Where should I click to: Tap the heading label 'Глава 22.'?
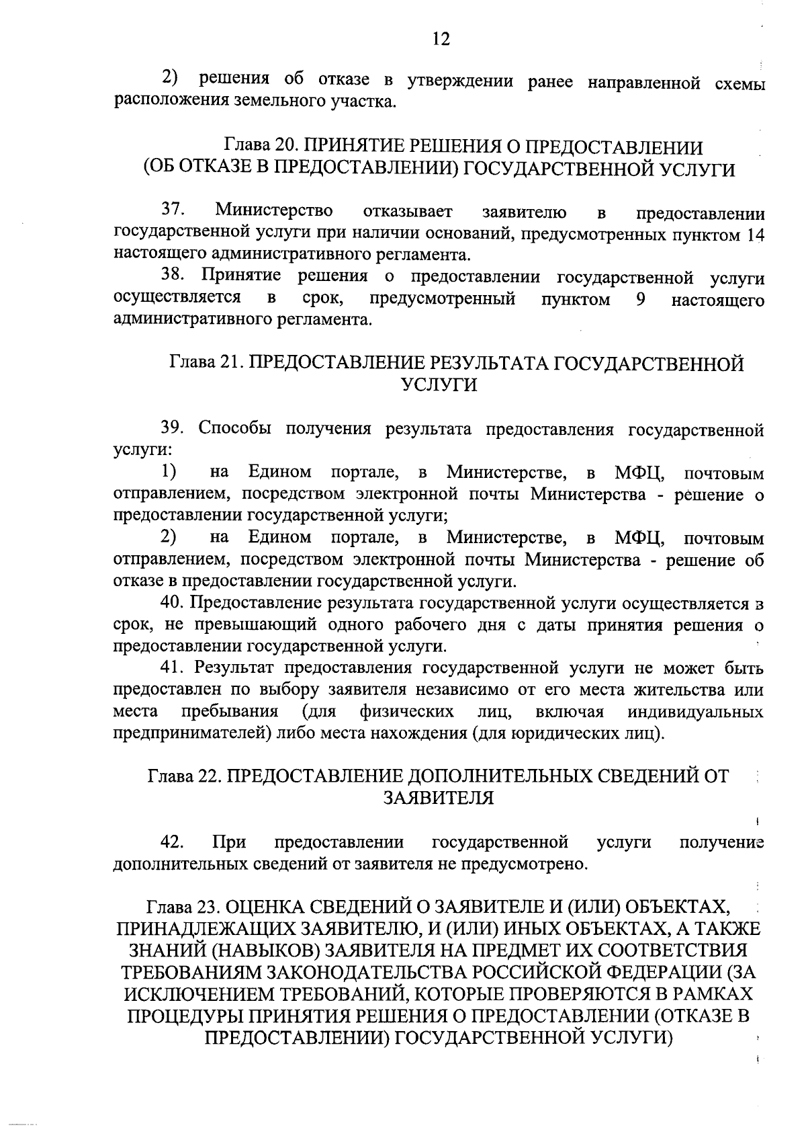(182, 776)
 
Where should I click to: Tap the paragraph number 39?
(173, 429)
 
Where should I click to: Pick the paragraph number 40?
(173, 603)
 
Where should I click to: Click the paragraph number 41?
(173, 667)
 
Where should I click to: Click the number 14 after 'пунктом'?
(755, 235)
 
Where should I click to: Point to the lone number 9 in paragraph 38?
(640, 299)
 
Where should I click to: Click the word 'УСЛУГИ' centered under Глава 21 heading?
(439, 385)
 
